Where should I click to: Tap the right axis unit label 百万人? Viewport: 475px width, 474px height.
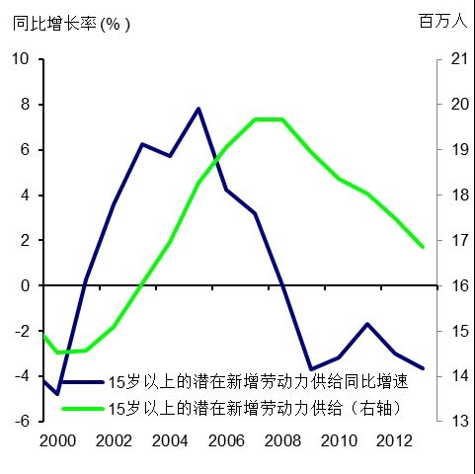[x=441, y=21]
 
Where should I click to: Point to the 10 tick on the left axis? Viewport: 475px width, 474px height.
[x=21, y=59]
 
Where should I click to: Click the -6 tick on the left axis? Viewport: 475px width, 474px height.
[x=21, y=422]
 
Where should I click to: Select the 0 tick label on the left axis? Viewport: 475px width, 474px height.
[x=26, y=285]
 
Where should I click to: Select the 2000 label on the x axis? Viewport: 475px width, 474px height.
[x=56, y=439]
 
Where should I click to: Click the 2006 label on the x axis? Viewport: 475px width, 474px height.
[x=226, y=439]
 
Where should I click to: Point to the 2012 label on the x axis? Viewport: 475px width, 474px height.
[x=395, y=439]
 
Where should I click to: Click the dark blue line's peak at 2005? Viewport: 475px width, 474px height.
[x=198, y=109]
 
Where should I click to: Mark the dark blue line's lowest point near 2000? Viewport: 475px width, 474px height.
[x=57, y=394]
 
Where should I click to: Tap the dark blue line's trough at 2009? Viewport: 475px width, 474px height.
[x=311, y=369]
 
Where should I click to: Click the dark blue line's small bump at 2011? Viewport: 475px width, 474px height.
[x=367, y=324]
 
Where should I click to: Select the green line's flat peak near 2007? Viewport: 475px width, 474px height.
[x=269, y=119]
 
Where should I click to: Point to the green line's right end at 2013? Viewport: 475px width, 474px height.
[x=424, y=247]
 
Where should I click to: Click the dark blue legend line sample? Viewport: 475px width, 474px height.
[x=82, y=381]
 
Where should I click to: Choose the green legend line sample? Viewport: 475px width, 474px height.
[x=82, y=406]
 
